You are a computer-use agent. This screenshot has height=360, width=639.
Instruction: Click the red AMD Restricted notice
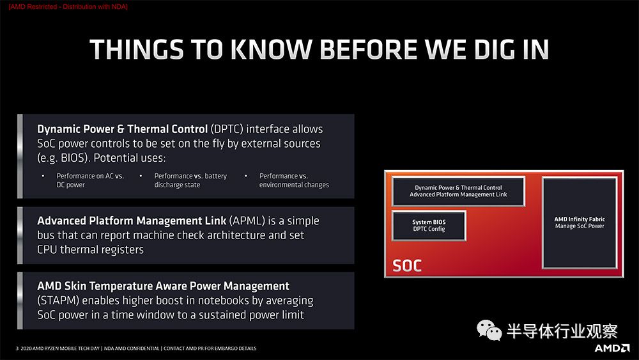68,6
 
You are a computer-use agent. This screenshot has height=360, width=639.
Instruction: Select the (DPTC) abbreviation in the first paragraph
227,129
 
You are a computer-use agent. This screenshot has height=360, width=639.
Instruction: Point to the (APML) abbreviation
247,221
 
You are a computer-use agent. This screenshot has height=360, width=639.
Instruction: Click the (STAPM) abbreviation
58,301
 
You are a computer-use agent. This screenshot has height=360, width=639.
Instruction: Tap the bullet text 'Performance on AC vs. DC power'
90,180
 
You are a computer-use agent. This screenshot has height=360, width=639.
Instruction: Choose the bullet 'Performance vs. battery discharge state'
190,180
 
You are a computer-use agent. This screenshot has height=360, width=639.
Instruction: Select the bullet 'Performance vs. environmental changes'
294,180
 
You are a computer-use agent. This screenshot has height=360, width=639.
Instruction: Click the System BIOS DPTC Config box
429,226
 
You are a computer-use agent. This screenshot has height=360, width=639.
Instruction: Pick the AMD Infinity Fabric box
580,223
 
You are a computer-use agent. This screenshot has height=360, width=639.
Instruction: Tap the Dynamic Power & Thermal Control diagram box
458,191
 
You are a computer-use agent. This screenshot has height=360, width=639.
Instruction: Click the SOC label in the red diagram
406,266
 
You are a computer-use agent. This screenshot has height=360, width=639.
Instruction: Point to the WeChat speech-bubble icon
489,330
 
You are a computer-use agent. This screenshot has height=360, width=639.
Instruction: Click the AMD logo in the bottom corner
612,348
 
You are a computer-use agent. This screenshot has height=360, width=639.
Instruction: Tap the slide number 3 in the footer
17,348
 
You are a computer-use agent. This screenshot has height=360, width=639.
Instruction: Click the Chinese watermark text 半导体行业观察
562,331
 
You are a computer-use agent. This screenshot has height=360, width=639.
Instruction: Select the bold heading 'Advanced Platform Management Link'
132,221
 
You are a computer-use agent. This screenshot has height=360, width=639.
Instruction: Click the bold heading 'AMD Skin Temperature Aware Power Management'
163,286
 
